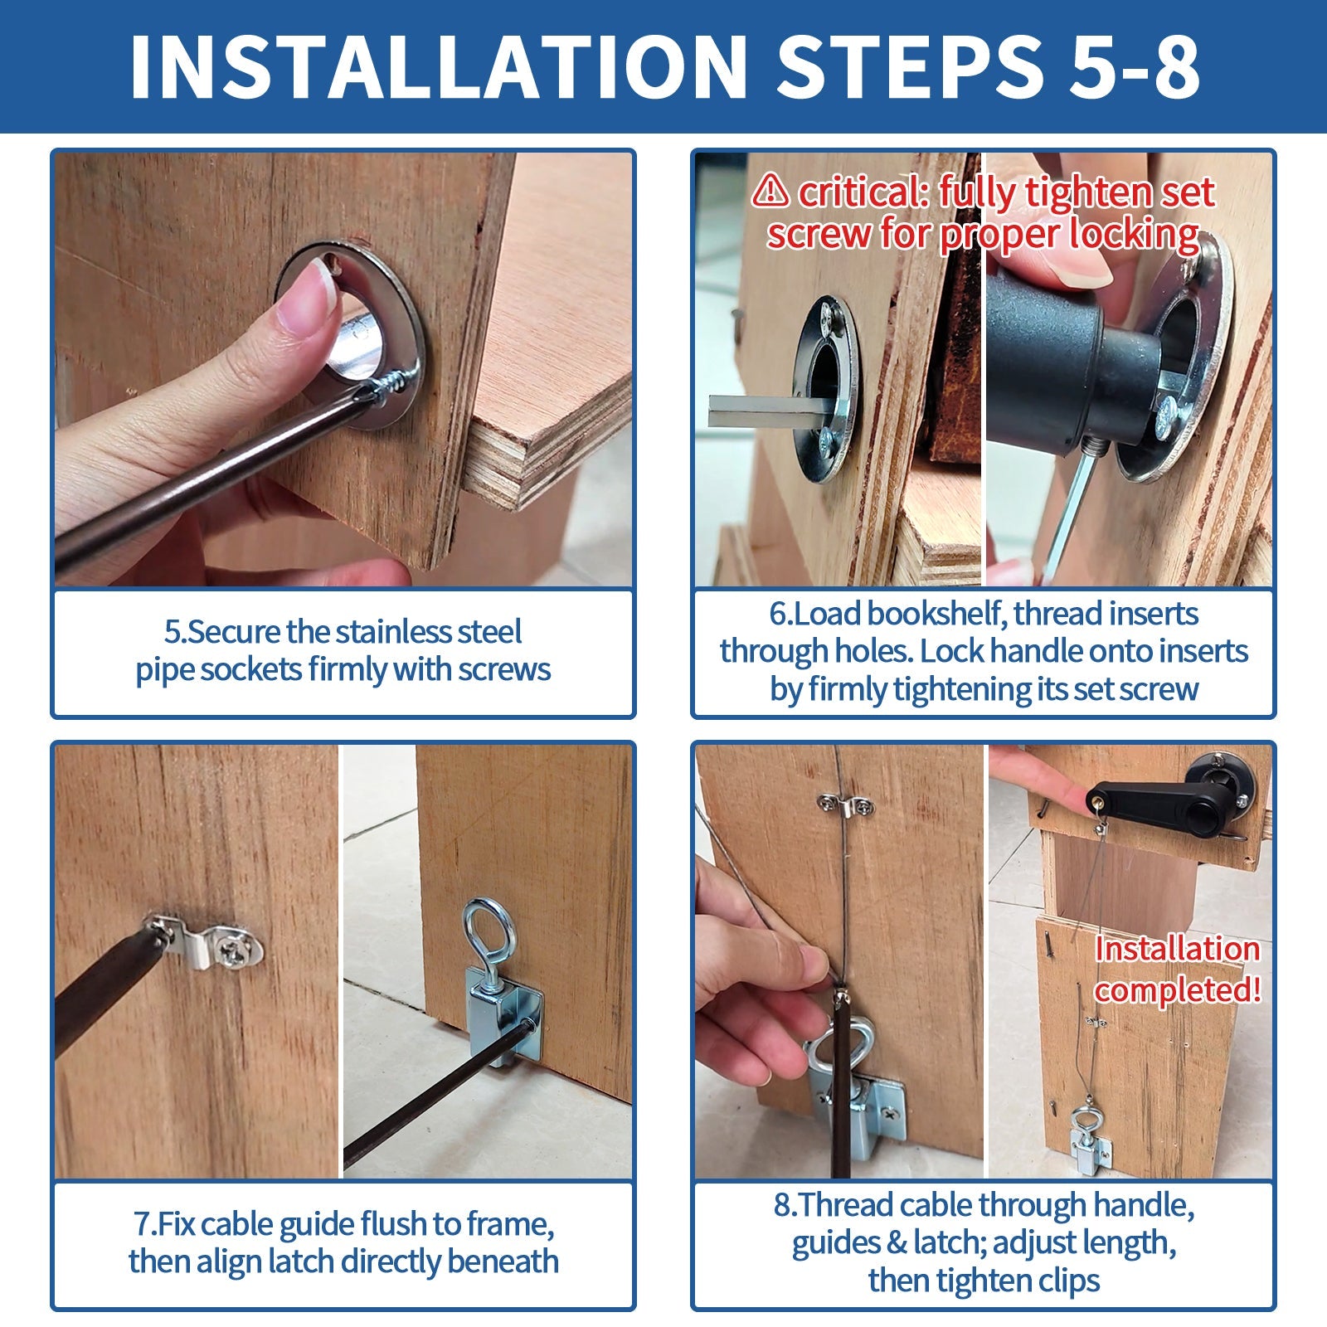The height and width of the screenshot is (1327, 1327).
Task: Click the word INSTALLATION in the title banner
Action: point(440,68)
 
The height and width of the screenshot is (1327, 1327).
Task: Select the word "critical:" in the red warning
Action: point(863,192)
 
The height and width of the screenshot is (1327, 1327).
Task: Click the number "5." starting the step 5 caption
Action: point(175,632)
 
